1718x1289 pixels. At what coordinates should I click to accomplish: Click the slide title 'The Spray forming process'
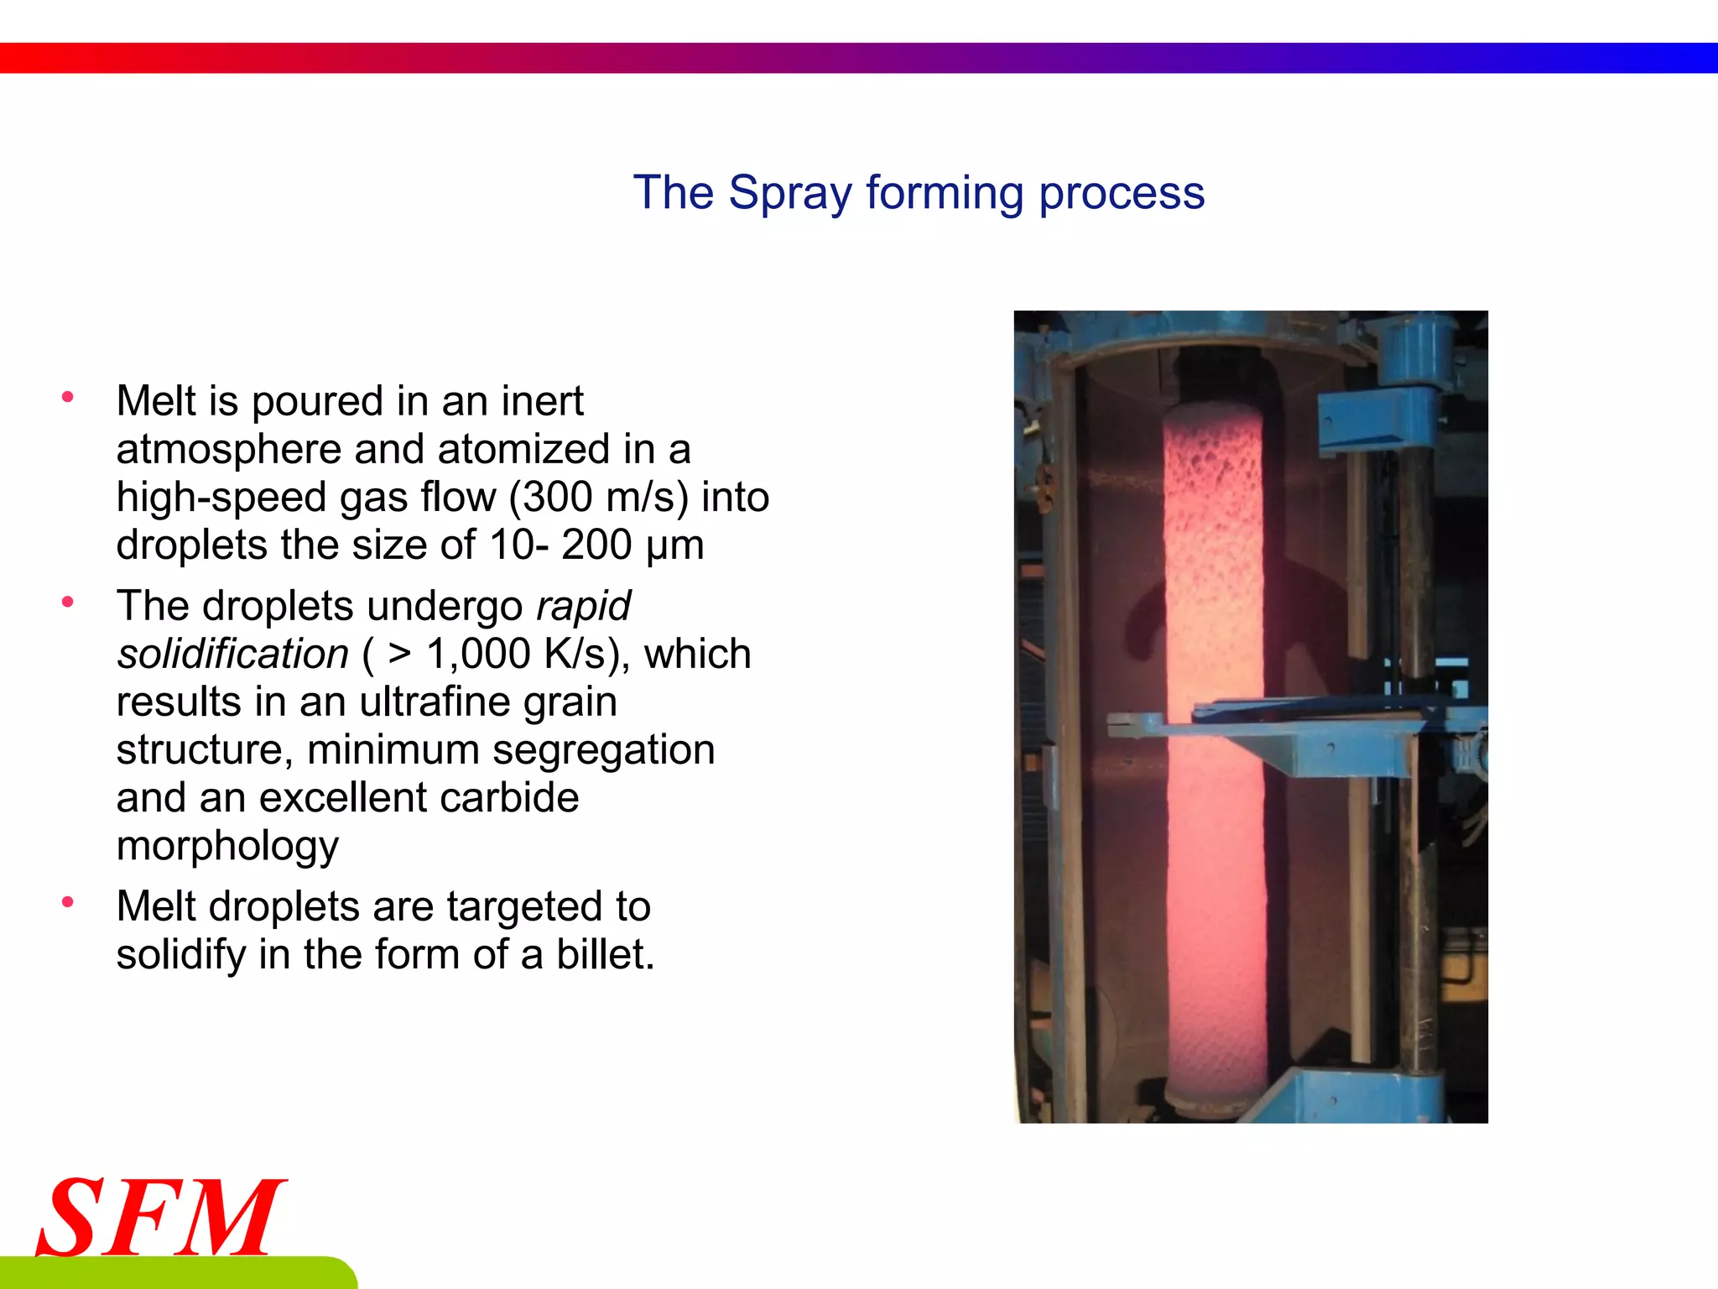(x=919, y=193)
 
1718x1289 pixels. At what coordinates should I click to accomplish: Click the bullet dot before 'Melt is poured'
(x=68, y=396)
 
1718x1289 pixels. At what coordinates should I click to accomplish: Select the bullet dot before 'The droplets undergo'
(x=68, y=601)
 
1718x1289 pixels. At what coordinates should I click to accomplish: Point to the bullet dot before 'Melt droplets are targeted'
(x=68, y=902)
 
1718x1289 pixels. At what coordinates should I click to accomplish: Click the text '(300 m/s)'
(x=598, y=497)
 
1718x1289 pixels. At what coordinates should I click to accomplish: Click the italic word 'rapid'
(x=584, y=606)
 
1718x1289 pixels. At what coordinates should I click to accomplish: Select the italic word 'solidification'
(x=232, y=654)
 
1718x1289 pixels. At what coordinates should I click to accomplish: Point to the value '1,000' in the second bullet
(x=478, y=654)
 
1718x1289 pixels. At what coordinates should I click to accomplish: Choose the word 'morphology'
(x=227, y=846)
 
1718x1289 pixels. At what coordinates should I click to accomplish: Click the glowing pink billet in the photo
(x=1214, y=755)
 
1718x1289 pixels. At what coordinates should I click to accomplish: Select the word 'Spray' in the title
(x=789, y=193)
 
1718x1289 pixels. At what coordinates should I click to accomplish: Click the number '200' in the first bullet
(x=596, y=545)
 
